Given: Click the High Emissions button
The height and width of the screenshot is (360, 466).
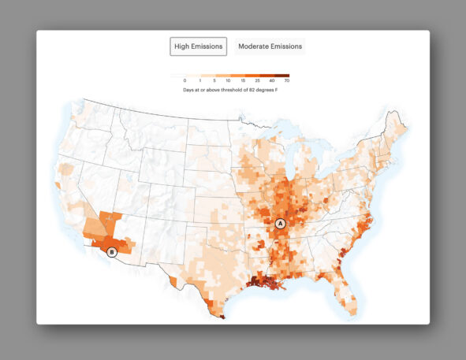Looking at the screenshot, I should [x=199, y=46].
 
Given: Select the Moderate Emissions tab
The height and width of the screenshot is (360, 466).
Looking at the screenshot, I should [x=270, y=46].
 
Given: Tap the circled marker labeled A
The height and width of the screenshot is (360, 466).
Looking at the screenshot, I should [x=280, y=224].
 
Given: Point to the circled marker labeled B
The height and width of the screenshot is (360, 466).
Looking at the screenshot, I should [x=112, y=252].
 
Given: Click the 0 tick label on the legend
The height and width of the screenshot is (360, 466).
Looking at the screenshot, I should [x=185, y=81].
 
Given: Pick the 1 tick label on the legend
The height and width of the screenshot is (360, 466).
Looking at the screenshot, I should [x=200, y=81].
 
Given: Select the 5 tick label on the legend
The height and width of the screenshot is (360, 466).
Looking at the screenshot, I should [x=214, y=81].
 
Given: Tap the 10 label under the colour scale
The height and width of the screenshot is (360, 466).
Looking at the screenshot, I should [x=229, y=81].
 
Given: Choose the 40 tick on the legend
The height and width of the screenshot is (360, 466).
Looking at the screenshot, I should [x=273, y=81].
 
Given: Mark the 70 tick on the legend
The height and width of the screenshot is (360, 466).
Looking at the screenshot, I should [x=287, y=81].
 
